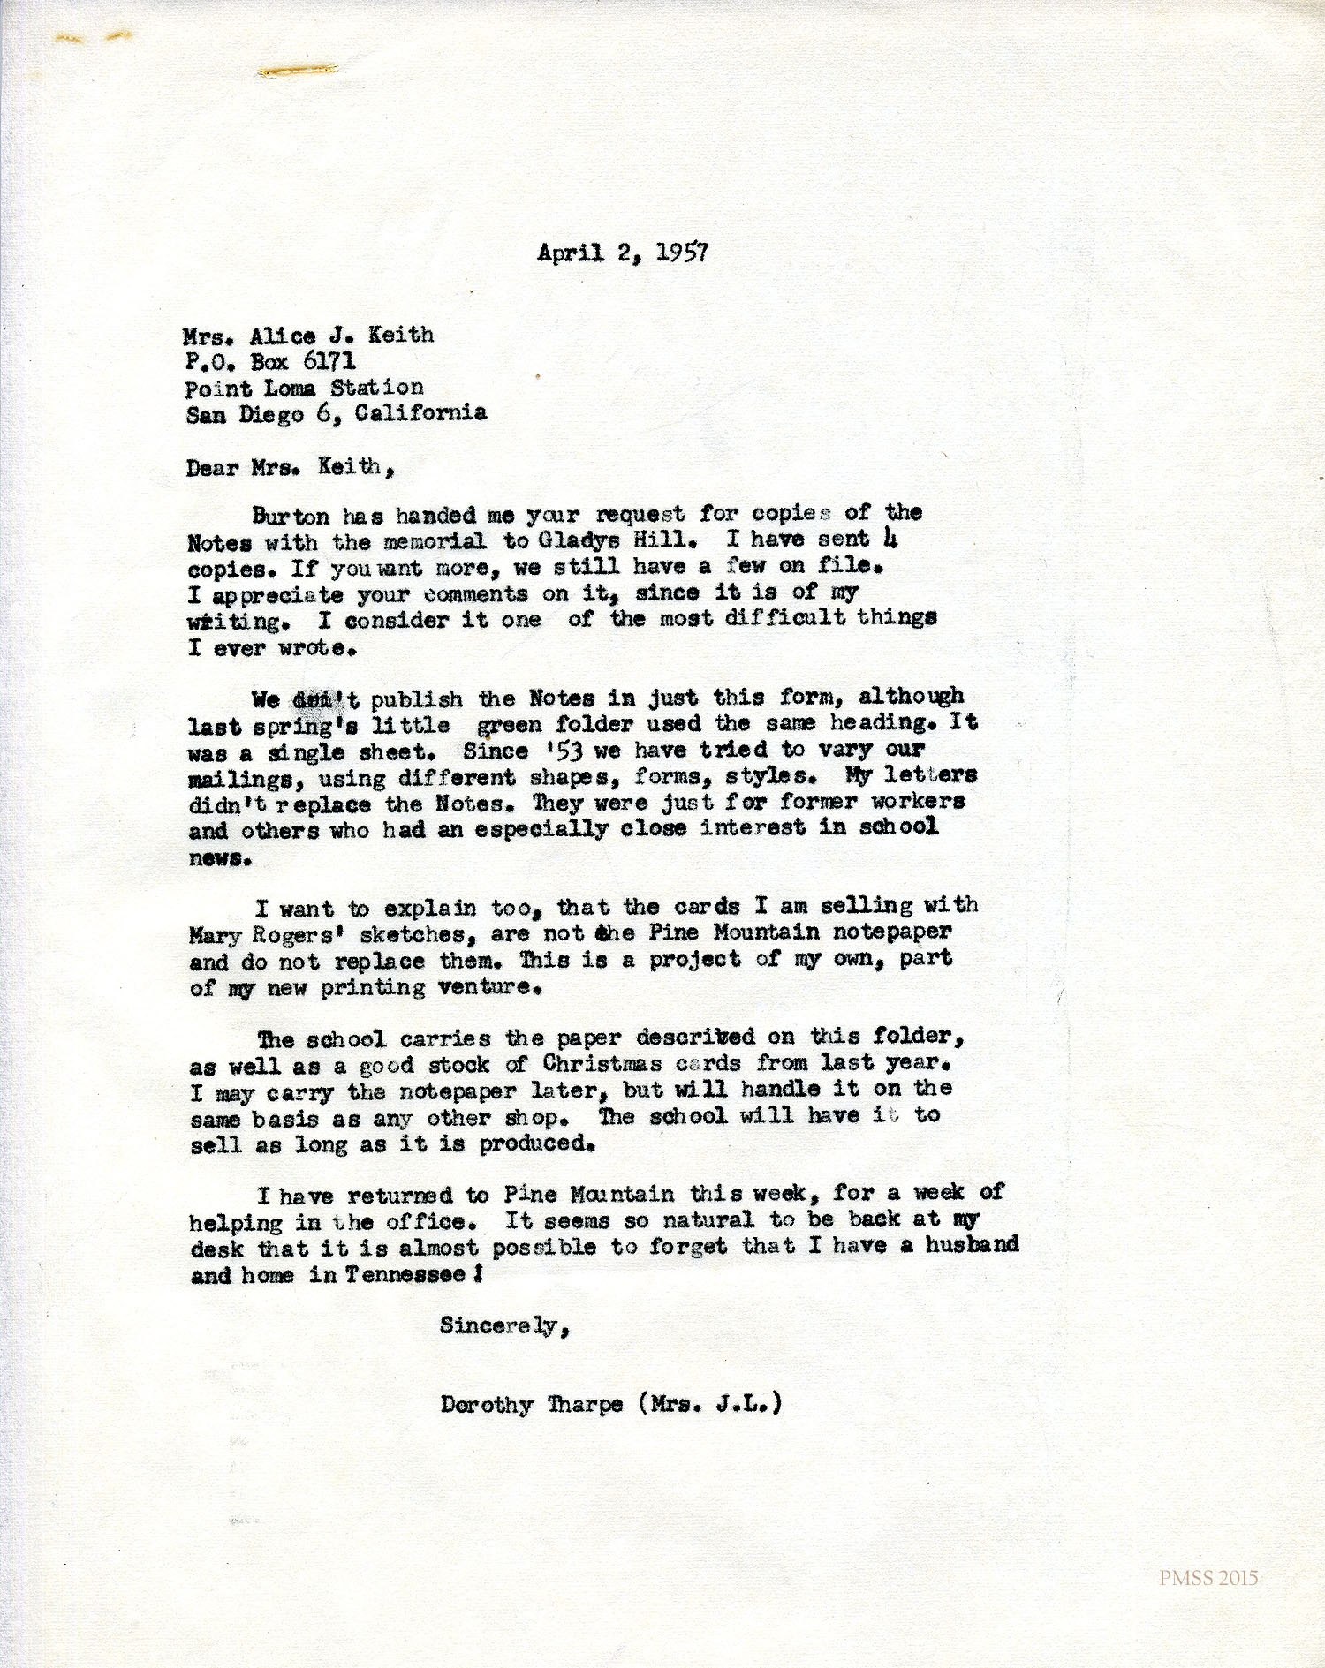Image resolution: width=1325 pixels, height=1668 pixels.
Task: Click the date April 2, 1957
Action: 622,253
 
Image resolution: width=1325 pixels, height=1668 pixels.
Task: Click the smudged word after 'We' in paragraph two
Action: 314,700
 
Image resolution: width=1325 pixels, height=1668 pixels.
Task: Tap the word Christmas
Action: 602,1063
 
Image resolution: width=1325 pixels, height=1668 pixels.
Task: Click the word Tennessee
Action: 405,1275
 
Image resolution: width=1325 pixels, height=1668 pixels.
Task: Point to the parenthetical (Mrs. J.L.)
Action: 709,1403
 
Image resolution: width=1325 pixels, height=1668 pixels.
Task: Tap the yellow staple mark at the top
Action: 297,70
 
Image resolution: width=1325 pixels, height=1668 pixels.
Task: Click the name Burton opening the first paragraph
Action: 290,516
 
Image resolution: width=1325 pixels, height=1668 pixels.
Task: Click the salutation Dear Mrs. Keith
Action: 289,467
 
